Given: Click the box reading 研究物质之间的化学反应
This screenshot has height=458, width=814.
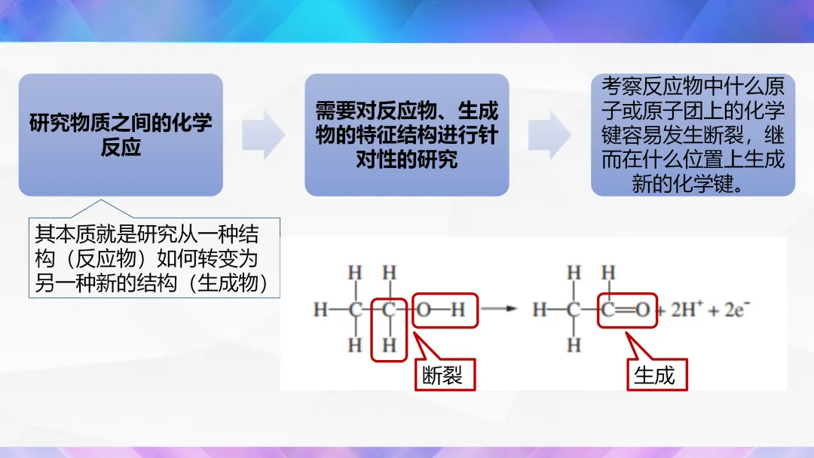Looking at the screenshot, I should [x=121, y=135].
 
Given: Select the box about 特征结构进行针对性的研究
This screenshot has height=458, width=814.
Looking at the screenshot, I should [x=406, y=135].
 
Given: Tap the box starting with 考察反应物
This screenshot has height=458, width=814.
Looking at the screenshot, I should [x=693, y=135].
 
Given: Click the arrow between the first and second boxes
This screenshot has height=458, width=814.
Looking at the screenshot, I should [x=263, y=135].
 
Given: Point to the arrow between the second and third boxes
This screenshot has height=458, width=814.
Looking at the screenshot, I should [x=549, y=135].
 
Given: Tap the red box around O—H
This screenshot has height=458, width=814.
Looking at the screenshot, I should [x=445, y=310].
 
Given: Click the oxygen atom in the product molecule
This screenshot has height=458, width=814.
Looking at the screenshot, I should [x=642, y=310].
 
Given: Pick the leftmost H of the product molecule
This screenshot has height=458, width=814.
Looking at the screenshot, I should [x=538, y=310].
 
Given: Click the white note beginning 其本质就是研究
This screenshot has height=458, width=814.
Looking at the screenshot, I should [x=154, y=258].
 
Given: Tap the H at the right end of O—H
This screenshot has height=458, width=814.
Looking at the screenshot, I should [x=459, y=310].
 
